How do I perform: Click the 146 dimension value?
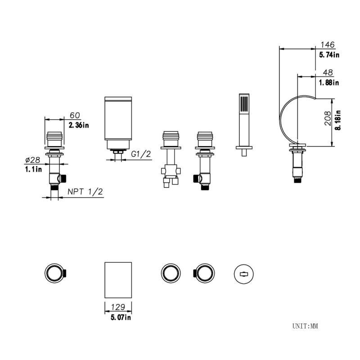click(x=328, y=45)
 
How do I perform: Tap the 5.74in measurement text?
click(x=329, y=55)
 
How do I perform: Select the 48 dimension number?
click(x=328, y=72)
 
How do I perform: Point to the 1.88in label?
click(x=329, y=82)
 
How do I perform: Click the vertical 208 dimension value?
click(x=328, y=118)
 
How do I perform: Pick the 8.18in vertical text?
click(x=338, y=120)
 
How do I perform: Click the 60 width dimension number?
click(x=75, y=115)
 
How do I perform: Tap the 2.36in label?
click(x=79, y=126)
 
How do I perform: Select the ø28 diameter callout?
click(x=32, y=160)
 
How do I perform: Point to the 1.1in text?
click(x=33, y=170)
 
